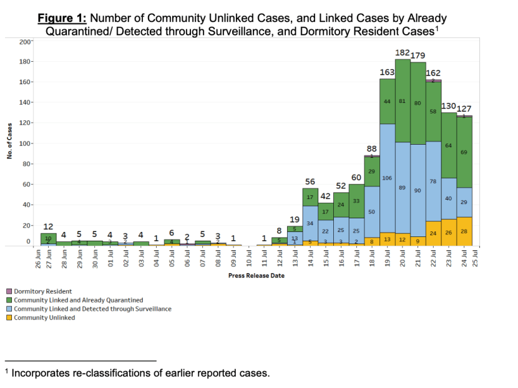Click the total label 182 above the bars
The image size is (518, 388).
point(403,52)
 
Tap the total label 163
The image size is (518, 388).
point(387,72)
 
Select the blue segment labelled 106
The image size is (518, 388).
point(388,178)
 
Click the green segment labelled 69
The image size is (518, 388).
point(464,152)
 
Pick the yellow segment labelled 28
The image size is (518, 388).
point(464,231)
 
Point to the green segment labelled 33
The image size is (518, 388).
point(356,201)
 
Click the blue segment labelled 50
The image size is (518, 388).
point(372,212)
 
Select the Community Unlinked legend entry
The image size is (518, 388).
point(44,318)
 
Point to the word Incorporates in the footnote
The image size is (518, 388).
point(40,373)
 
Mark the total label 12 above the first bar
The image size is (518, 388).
point(47,226)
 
